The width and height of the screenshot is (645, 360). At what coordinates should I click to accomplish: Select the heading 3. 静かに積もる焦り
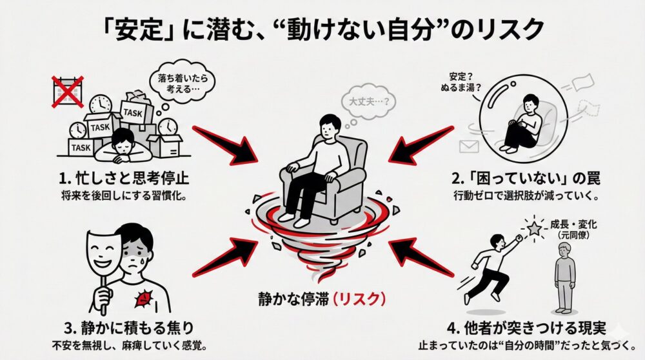(121, 326)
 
